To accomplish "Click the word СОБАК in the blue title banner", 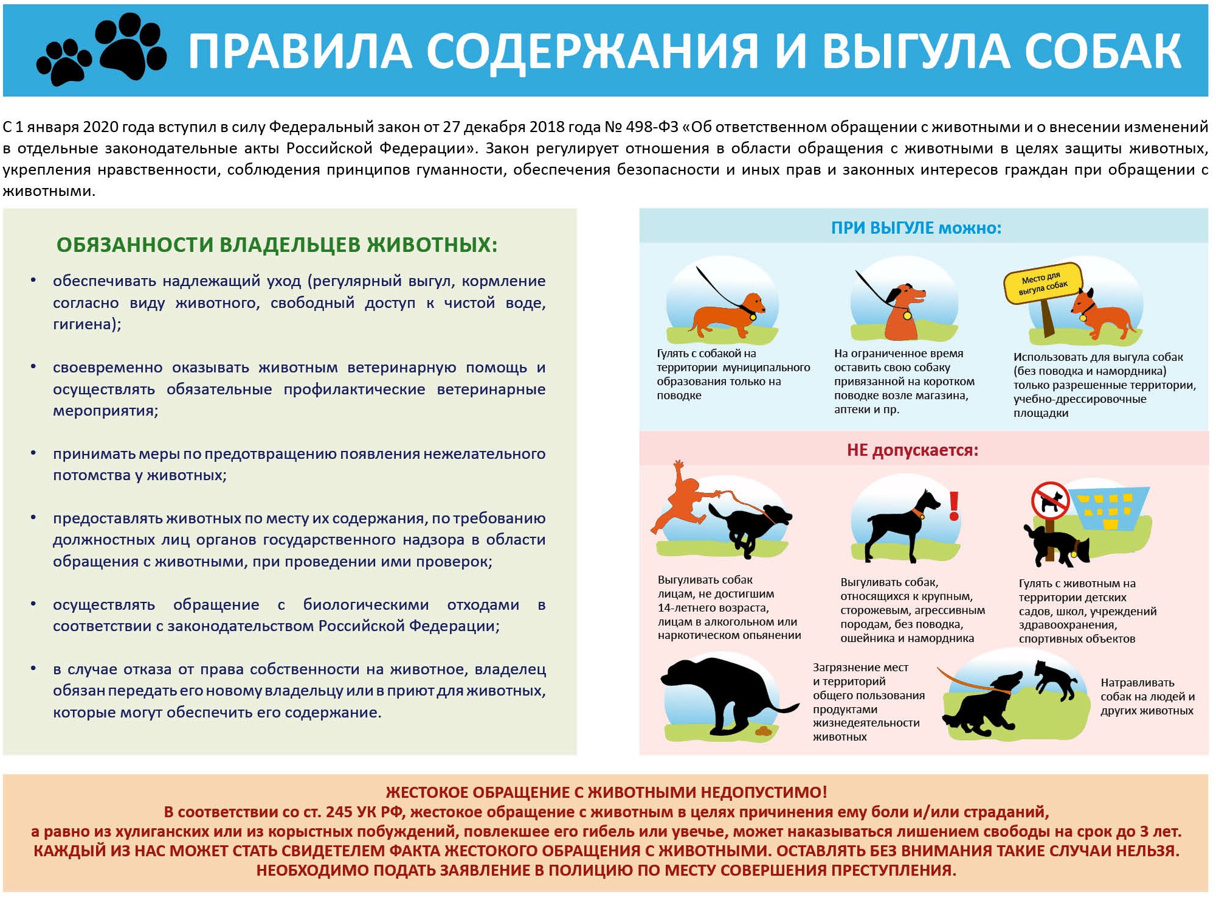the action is (1103, 51).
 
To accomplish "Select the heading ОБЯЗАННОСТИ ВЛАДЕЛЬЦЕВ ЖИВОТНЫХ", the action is (277, 245).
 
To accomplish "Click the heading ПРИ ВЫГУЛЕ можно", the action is (916, 228).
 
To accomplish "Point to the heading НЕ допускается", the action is (913, 450).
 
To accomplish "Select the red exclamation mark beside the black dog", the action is (954, 506).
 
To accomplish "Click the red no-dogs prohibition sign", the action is (1050, 500).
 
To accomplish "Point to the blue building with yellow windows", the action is (1109, 509).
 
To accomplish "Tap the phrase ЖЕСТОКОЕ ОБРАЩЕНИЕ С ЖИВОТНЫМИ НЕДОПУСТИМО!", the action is (606, 792).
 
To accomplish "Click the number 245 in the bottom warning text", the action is (339, 812).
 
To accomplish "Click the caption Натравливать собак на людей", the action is (1147, 689).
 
